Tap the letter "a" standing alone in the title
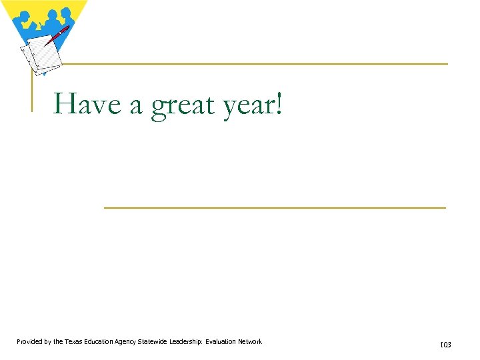click(x=136, y=105)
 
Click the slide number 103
click(x=445, y=345)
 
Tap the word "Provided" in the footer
click(x=31, y=342)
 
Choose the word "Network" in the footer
click(x=251, y=342)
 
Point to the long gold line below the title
click(x=275, y=208)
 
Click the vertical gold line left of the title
click(x=32, y=87)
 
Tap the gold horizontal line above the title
click(x=253, y=64)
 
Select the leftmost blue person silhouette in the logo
click(x=23, y=19)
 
